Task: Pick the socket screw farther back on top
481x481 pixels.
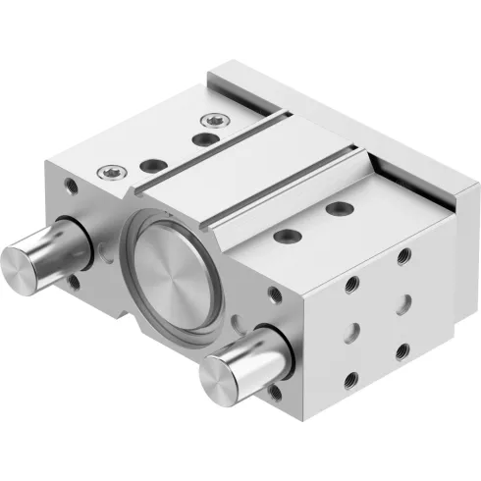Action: click(207, 120)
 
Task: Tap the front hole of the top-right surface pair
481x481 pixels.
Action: click(289, 235)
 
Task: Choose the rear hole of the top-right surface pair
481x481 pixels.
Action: click(340, 207)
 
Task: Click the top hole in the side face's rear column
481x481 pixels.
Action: click(401, 257)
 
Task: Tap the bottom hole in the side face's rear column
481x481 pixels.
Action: click(403, 349)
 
